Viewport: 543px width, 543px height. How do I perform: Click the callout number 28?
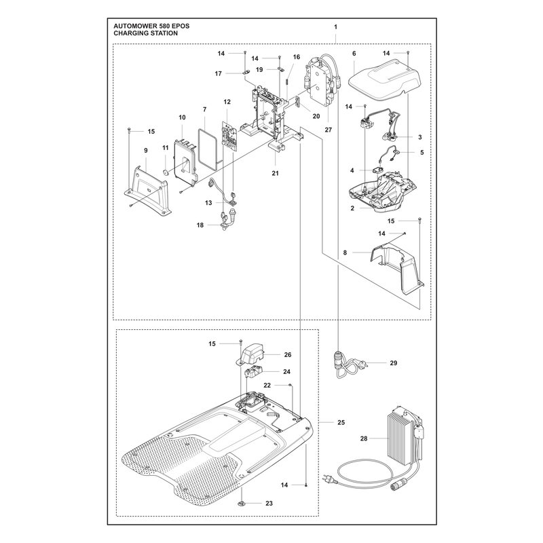click(x=364, y=438)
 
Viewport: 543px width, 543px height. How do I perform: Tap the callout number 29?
click(x=394, y=363)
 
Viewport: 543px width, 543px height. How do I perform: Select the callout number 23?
click(x=269, y=503)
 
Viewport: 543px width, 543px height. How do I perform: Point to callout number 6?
click(x=354, y=54)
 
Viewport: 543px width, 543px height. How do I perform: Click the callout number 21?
click(x=276, y=173)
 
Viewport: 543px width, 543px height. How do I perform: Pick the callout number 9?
click(x=146, y=150)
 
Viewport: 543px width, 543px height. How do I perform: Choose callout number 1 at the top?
click(x=335, y=26)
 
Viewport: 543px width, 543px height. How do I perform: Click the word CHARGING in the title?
click(x=130, y=33)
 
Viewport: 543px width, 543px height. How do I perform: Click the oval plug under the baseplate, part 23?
click(x=242, y=502)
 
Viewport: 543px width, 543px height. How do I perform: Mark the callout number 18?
click(x=200, y=225)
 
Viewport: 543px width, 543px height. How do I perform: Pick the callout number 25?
click(x=341, y=422)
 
